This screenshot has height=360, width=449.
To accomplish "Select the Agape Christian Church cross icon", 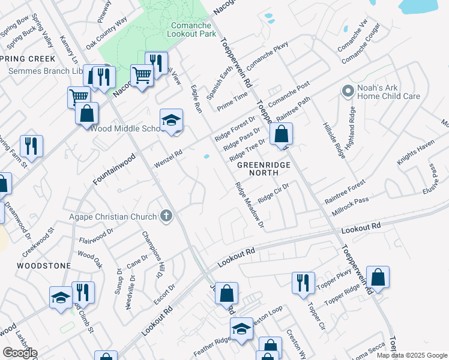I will tap(166, 216).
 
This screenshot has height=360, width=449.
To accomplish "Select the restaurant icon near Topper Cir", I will tap(303, 283).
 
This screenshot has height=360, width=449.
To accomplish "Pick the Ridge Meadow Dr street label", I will tap(250, 205).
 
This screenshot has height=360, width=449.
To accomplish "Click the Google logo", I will tap(20, 353).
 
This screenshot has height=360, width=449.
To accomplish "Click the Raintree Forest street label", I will tap(345, 191).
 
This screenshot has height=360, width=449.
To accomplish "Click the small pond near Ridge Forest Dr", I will tap(206, 157).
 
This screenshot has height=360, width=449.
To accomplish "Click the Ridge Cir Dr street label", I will tap(274, 193).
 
